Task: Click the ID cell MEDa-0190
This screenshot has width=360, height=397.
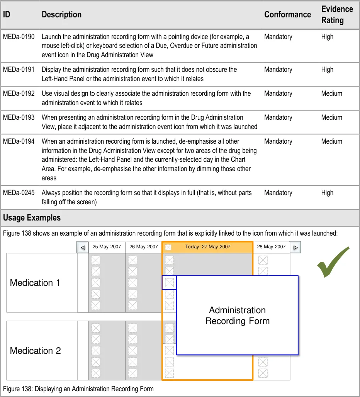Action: [x=19, y=37]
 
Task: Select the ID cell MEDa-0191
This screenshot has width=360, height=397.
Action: [x=19, y=70]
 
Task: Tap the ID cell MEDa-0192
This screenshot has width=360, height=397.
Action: [x=19, y=93]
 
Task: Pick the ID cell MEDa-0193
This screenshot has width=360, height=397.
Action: [x=19, y=117]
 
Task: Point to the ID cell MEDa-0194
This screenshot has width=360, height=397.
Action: [x=19, y=141]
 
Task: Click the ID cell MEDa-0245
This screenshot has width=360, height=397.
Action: [x=19, y=193]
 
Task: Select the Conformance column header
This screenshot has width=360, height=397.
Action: [x=287, y=15]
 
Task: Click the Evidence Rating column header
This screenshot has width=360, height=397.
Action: [x=337, y=15]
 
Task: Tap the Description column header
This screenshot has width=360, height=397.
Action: [x=61, y=15]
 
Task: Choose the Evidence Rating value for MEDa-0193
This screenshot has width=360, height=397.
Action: [x=331, y=117]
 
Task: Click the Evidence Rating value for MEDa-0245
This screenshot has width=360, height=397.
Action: [x=327, y=193]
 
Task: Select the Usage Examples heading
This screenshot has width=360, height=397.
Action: [x=32, y=218]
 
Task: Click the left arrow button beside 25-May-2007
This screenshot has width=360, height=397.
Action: [x=82, y=248]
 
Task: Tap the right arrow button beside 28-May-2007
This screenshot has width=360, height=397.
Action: [x=295, y=247]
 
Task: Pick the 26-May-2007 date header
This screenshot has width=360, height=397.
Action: [x=143, y=247]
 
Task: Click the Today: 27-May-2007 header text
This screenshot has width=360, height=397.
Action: [x=208, y=247]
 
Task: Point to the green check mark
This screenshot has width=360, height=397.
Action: [x=333, y=262]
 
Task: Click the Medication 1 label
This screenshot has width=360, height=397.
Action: [x=35, y=283]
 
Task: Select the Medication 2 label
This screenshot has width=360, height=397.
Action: [x=35, y=351]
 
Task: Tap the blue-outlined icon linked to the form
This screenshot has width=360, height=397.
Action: [x=169, y=283]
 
